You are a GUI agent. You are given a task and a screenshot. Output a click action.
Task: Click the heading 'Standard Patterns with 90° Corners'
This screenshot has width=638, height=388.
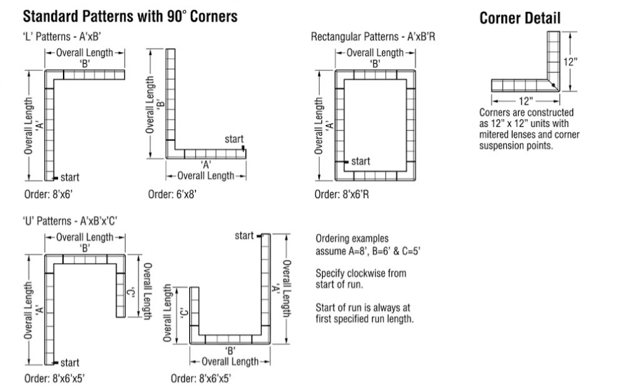130,16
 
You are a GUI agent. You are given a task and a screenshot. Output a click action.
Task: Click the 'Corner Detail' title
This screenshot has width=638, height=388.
520,18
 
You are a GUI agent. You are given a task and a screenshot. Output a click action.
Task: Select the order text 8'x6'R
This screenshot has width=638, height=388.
342,194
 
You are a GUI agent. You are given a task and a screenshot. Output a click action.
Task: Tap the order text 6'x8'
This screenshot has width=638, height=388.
172,194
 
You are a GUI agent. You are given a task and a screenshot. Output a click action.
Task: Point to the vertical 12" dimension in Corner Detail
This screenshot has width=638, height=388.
571,62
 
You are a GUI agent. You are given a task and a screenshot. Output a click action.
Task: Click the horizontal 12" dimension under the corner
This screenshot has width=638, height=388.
526,100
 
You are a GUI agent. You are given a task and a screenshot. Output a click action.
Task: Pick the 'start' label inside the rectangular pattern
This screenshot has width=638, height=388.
361,162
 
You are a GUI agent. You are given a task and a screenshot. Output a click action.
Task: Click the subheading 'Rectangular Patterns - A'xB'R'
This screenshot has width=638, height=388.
373,37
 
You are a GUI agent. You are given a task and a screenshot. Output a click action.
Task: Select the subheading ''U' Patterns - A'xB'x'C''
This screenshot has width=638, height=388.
70,221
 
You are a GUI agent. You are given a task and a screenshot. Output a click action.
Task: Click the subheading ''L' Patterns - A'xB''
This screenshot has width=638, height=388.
61,37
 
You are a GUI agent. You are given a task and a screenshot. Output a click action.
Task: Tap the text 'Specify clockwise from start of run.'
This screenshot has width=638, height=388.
361,278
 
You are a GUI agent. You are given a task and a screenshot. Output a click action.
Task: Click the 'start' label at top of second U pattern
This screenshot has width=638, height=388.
244,236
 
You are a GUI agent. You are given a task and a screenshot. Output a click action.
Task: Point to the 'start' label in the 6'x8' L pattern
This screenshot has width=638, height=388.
234,139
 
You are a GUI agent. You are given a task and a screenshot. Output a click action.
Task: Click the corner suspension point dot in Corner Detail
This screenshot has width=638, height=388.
554,85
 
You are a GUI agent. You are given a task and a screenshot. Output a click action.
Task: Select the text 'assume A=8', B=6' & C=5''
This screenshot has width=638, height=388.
368,251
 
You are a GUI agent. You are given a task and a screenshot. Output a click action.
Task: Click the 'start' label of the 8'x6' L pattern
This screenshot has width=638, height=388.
70,177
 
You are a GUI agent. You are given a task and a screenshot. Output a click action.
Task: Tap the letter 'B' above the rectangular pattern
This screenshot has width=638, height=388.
375,64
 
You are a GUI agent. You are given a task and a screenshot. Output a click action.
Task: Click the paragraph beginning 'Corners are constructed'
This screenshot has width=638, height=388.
530,129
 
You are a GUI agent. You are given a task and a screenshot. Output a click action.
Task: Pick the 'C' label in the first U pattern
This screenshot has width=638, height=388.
131,292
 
